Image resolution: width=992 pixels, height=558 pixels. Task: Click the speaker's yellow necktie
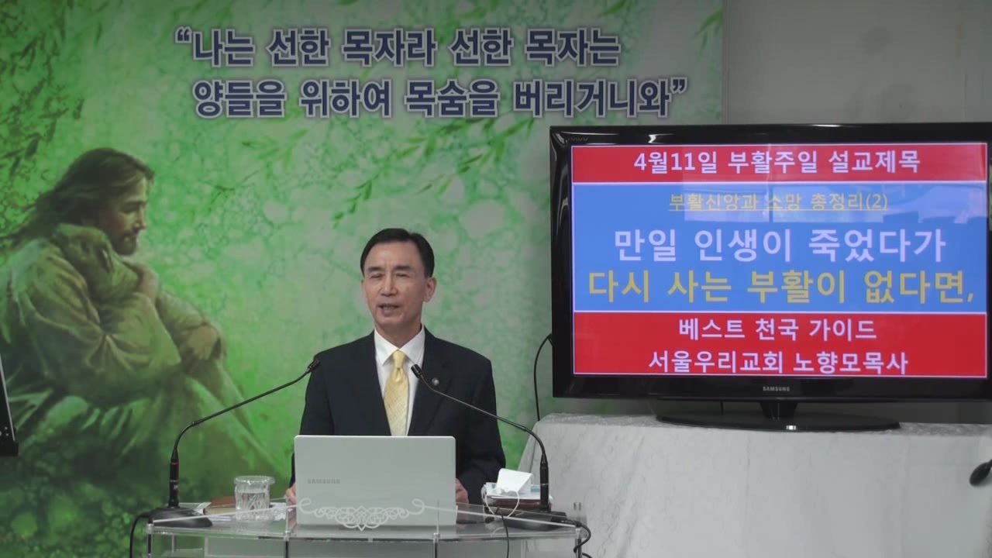coord(395,392)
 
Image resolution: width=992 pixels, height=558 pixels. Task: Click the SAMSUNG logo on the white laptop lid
coord(323,481)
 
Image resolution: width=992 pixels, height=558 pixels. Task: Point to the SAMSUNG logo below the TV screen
coord(776,389)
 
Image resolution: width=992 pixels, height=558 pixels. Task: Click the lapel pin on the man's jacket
coord(436,381)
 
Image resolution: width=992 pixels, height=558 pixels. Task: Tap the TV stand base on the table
coord(778,422)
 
